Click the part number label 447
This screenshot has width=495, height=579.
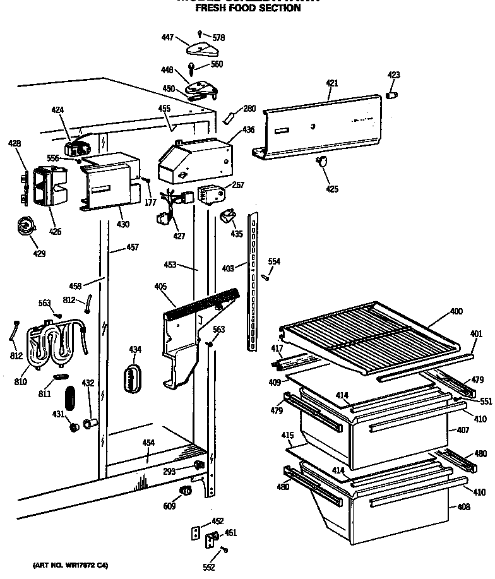167,38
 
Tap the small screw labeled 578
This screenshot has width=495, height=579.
200,32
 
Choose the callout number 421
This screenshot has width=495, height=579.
332,83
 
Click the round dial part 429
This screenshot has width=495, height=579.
25,224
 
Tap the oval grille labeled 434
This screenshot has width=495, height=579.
133,379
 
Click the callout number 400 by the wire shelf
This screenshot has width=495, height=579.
456,312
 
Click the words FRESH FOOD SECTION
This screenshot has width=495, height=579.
247,9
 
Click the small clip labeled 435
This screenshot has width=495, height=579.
226,218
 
